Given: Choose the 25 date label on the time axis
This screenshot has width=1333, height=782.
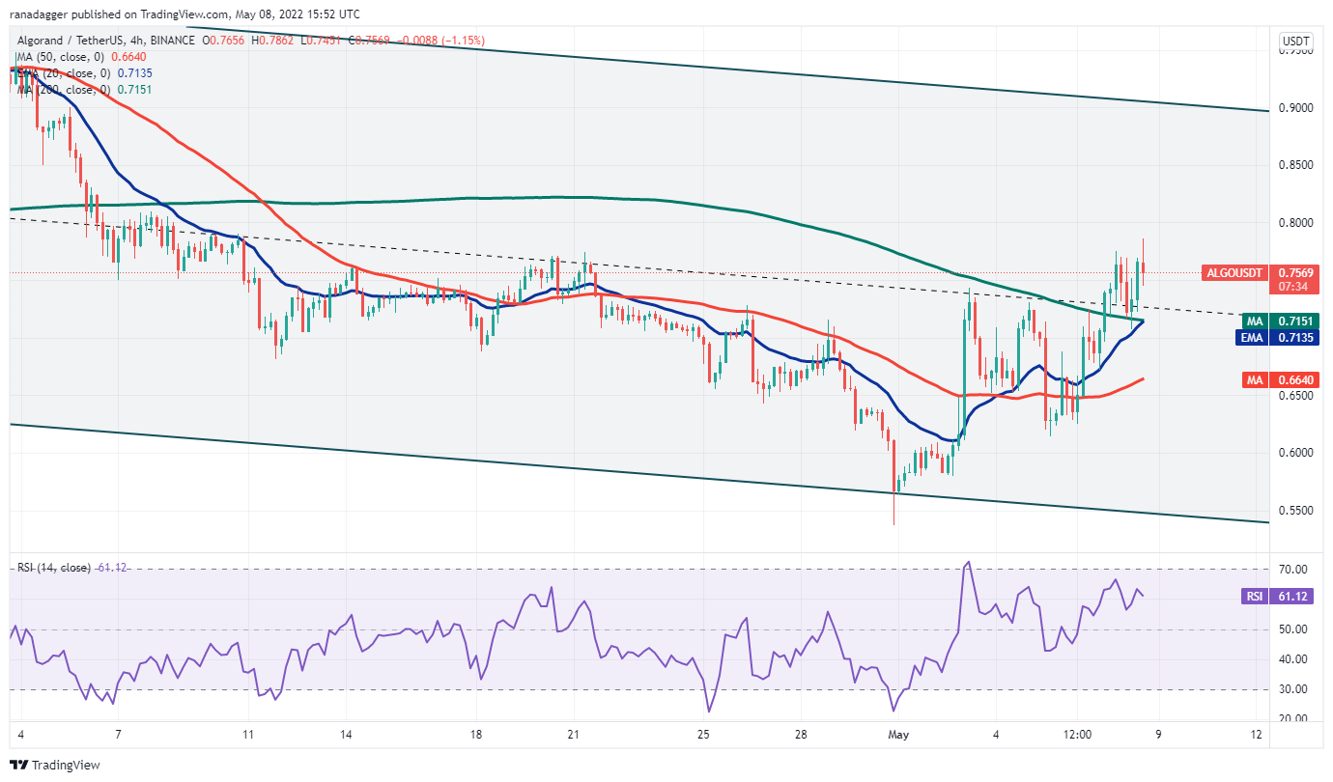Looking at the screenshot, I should pyautogui.click(x=703, y=734).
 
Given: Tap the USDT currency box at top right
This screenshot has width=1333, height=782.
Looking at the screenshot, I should pyautogui.click(x=1293, y=42).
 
